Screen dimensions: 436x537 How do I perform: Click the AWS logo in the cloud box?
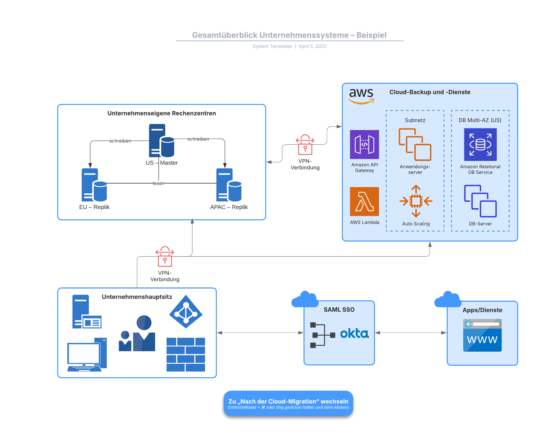tap(361, 96)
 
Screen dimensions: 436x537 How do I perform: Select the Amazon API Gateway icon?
tap(364, 144)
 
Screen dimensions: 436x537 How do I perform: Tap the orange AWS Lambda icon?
tap(364, 201)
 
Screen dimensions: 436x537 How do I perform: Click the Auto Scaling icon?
tap(416, 201)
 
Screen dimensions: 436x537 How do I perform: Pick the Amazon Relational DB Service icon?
tap(480, 144)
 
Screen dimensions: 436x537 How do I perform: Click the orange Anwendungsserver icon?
tap(415, 144)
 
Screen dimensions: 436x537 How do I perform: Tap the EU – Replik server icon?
tap(94, 185)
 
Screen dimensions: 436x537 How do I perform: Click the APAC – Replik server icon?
tap(229, 185)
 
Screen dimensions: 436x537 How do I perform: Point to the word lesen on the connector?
tap(158, 183)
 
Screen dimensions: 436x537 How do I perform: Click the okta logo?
tap(354, 333)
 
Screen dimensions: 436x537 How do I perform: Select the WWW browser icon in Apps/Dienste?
tap(482, 335)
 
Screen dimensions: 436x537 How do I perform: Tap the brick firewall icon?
tap(186, 354)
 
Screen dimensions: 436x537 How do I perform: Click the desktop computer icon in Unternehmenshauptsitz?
tap(87, 354)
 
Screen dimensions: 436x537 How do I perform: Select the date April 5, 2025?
tap(312, 46)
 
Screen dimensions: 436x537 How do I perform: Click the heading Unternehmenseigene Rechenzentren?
tap(161, 113)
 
